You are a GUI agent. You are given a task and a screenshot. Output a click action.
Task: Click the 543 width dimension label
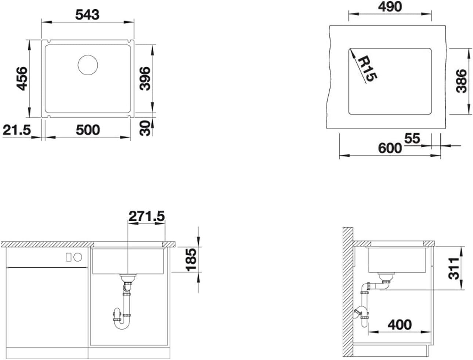[x=87, y=15]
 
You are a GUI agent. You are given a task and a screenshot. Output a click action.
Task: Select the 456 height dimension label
[x=22, y=79]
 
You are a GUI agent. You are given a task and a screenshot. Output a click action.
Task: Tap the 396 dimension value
[x=145, y=79]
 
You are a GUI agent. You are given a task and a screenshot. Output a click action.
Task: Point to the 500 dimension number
[x=88, y=130]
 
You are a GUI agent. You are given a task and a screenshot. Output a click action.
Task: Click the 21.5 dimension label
[x=17, y=130]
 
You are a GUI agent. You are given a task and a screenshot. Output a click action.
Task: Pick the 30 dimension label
[x=145, y=128]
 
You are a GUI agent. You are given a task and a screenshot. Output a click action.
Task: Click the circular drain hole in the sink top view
[x=88, y=65]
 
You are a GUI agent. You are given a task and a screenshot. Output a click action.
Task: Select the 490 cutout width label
[x=390, y=7]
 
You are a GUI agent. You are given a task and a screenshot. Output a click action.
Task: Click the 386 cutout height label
[x=461, y=81]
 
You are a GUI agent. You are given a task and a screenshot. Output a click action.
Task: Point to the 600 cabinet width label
[x=390, y=148]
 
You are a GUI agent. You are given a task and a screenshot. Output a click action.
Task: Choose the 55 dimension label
[x=412, y=138]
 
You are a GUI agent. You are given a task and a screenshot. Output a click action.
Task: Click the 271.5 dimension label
[x=147, y=216]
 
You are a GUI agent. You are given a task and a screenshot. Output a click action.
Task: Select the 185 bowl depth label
[x=191, y=259]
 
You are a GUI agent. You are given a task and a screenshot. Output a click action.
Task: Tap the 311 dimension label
[x=454, y=268]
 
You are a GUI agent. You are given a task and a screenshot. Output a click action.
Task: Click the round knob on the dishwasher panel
[x=78, y=257]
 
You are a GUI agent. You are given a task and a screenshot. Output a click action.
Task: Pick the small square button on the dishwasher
[x=69, y=257]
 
